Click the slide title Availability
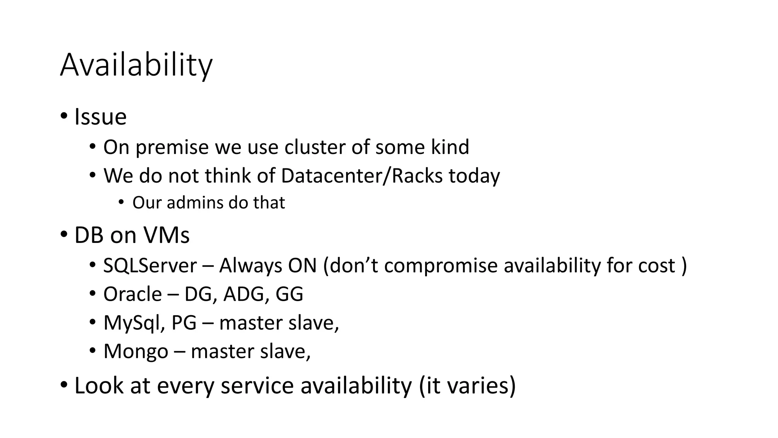136,65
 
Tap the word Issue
100,117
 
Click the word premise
172,148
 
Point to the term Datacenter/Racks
362,176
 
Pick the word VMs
170,235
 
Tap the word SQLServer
150,265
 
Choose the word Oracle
133,294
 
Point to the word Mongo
136,352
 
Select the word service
257,386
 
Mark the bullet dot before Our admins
121,202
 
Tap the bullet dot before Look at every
63,384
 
